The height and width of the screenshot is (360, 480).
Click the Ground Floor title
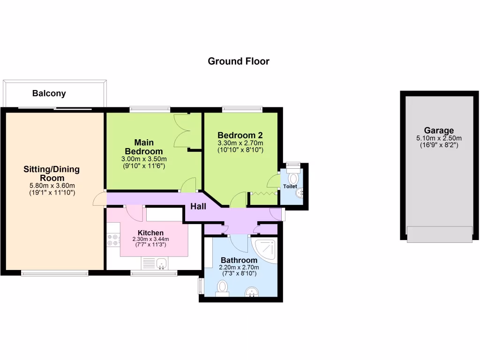pyautogui.click(x=239, y=61)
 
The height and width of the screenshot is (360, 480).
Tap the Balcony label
pyautogui.click(x=49, y=93)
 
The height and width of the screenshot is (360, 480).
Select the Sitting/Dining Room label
pyautogui.click(x=52, y=173)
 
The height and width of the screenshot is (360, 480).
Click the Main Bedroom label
pyautogui.click(x=144, y=147)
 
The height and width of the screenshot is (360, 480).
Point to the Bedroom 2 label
pyautogui.click(x=240, y=135)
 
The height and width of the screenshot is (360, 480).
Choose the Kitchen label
pyautogui.click(x=150, y=232)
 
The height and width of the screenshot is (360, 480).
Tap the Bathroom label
pyautogui.click(x=239, y=260)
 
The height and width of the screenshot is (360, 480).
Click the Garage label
pyautogui.click(x=439, y=130)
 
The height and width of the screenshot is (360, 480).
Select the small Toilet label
pyautogui.click(x=290, y=187)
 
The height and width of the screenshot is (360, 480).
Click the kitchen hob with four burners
pyautogui.click(x=113, y=240)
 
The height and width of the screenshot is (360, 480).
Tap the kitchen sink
pyautogui.click(x=161, y=264)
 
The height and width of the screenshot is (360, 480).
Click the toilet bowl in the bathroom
pyautogui.click(x=222, y=287)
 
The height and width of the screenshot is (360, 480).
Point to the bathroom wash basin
pyautogui.click(x=252, y=292)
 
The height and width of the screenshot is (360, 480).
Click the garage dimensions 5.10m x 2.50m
pyautogui.click(x=439, y=138)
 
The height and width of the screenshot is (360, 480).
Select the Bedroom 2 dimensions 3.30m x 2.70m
pyautogui.click(x=240, y=143)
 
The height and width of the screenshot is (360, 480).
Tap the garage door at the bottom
pyautogui.click(x=439, y=234)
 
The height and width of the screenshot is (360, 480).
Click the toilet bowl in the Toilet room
pyautogui.click(x=294, y=178)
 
